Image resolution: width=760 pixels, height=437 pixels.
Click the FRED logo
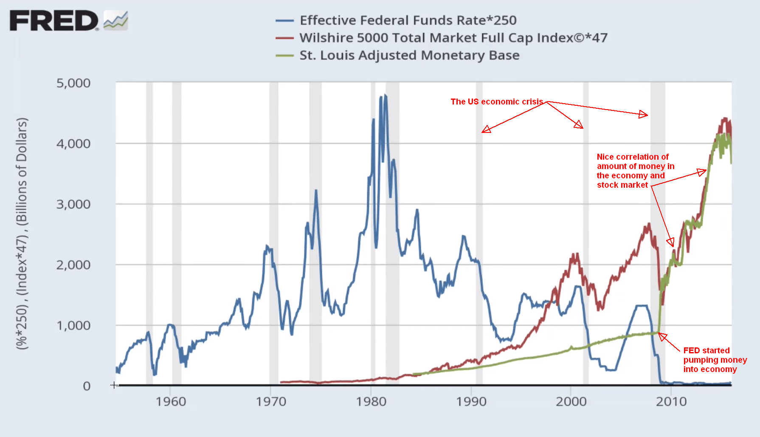(x=54, y=21)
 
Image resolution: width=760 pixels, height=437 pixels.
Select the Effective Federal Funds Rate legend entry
(x=408, y=20)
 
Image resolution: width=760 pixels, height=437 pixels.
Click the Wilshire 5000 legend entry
(x=453, y=38)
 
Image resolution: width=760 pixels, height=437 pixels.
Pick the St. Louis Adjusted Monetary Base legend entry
(x=409, y=55)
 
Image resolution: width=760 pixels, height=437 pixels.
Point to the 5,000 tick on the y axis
(x=73, y=83)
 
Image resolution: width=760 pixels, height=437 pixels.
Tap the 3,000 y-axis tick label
(x=73, y=204)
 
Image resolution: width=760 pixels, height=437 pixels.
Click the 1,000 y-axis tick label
(x=73, y=325)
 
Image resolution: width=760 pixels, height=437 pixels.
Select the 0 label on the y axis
(x=87, y=386)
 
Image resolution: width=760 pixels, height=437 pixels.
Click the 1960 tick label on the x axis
(x=171, y=401)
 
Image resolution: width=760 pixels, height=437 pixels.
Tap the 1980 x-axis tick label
(x=371, y=401)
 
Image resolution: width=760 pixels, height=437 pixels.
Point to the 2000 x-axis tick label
(x=571, y=401)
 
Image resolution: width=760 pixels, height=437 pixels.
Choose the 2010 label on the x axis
(x=671, y=401)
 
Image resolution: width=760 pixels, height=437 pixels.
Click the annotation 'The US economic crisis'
(x=497, y=102)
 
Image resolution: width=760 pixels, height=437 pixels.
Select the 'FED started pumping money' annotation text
(x=715, y=360)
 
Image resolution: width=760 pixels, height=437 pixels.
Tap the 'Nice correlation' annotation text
(x=635, y=171)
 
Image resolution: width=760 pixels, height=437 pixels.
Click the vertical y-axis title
(x=22, y=234)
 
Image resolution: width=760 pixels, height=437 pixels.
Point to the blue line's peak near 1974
(x=316, y=191)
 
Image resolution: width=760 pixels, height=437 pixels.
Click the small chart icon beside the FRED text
(x=115, y=20)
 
